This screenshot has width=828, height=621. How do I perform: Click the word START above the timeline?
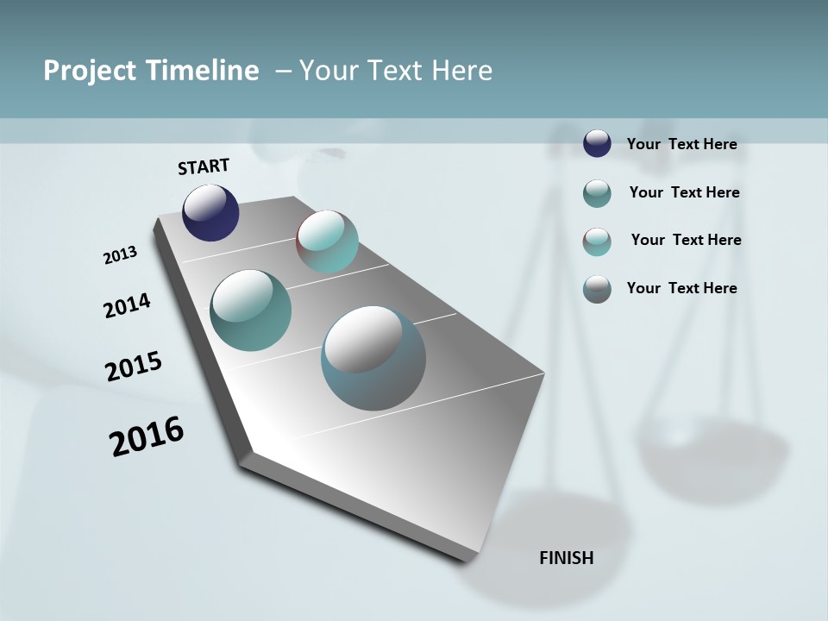tap(204, 166)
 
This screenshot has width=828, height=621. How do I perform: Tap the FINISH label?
tap(566, 558)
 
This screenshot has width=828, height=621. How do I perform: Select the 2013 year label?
tap(120, 255)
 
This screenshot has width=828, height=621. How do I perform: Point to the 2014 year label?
tap(127, 306)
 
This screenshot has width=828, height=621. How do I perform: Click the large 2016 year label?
tap(147, 436)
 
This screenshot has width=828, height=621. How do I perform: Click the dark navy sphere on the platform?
tap(210, 213)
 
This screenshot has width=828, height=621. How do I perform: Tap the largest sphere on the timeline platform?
tap(373, 358)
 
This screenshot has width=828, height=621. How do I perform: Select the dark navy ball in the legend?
tap(597, 143)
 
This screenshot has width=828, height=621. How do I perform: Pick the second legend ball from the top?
tap(597, 193)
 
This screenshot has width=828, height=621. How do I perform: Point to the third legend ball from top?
tap(597, 241)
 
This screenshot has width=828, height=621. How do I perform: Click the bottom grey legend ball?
tap(597, 289)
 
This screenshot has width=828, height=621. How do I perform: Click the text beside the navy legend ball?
tap(681, 144)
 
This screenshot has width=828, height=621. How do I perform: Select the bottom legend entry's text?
tap(681, 288)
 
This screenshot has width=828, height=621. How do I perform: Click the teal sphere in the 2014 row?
tap(250, 310)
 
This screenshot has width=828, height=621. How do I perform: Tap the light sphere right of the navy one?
tap(327, 241)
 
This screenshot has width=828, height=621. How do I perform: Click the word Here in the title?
tap(461, 71)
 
